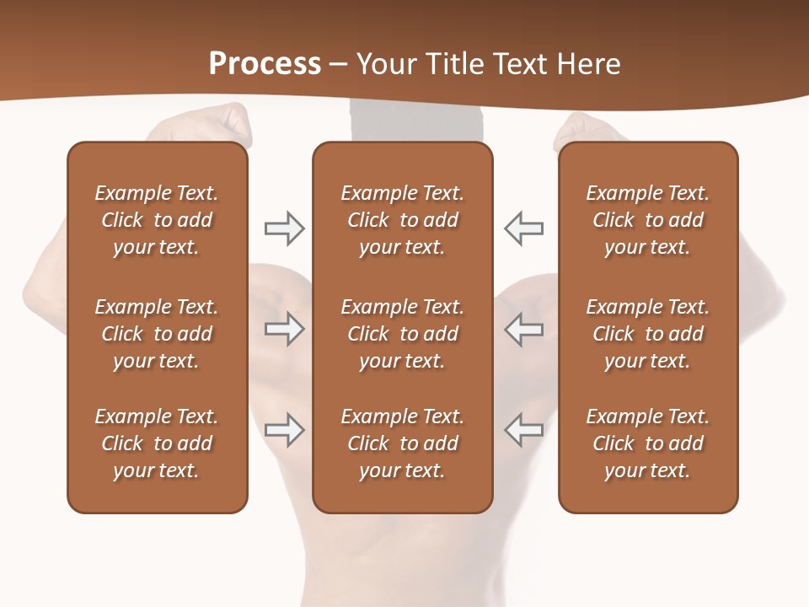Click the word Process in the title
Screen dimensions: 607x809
tap(265, 64)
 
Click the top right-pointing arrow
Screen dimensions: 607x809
tap(284, 228)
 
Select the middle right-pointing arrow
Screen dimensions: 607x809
tap(284, 329)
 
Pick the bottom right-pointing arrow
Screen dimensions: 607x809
tap(284, 430)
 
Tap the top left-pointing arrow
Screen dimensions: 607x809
tap(524, 228)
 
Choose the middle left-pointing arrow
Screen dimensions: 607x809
tap(524, 329)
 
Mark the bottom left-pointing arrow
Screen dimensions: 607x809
tap(524, 430)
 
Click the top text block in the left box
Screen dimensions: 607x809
tap(157, 220)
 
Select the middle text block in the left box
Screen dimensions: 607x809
tap(157, 334)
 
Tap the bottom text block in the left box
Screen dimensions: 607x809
tap(157, 443)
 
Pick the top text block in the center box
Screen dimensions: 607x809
tap(402, 220)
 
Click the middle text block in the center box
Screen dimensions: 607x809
tap(402, 334)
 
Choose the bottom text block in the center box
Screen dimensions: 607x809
tap(402, 443)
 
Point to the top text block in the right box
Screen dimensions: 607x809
tap(647, 220)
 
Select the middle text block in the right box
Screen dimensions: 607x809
tap(647, 334)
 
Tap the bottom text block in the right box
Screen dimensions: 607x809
tap(647, 443)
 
